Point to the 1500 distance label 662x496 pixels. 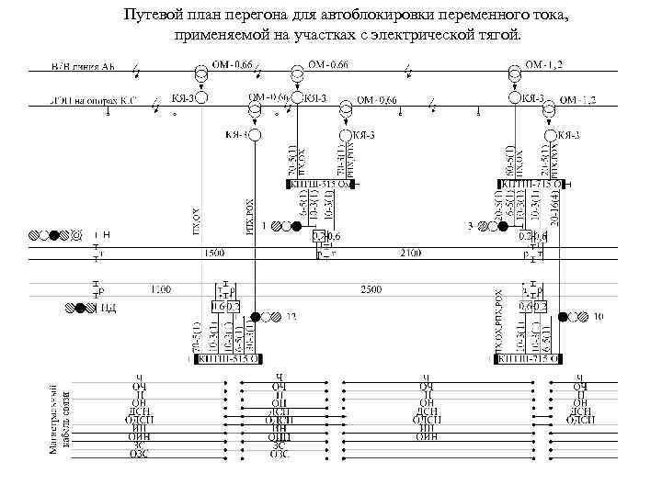213,251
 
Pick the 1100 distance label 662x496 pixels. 160,289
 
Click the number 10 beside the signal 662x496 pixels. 598,317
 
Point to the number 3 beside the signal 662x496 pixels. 470,225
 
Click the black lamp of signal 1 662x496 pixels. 296,225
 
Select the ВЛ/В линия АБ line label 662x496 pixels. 83,68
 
